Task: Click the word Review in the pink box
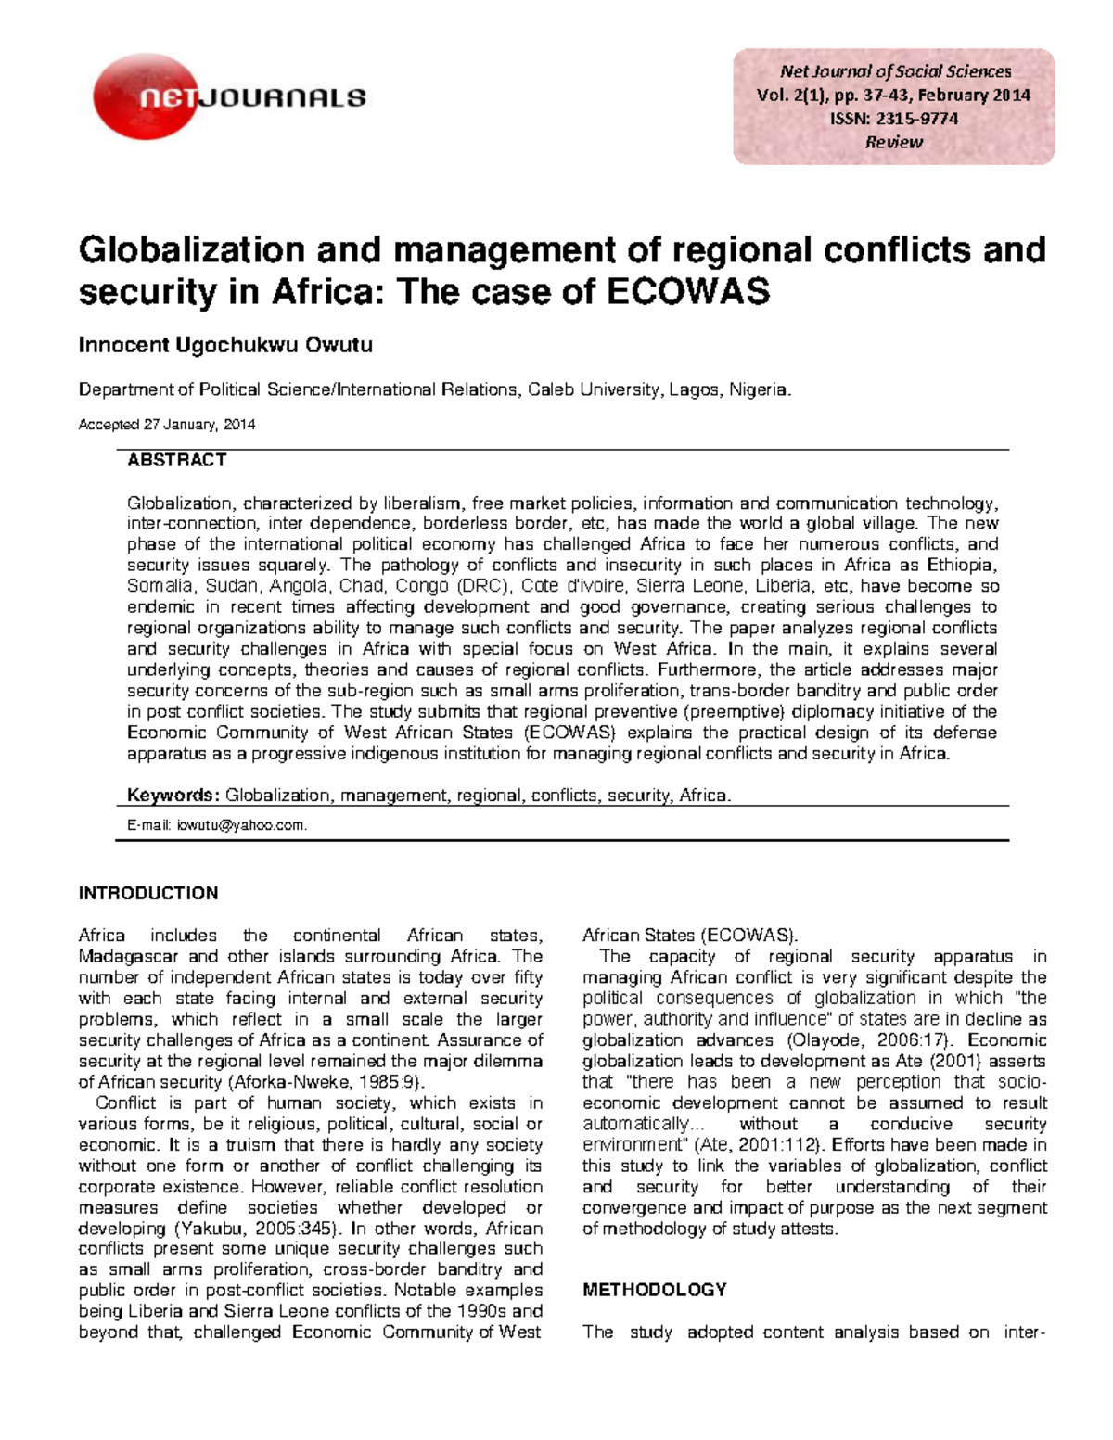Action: click(x=893, y=142)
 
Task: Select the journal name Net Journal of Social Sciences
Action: click(x=895, y=71)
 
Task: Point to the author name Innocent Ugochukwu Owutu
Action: click(x=225, y=346)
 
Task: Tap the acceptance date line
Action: click(x=167, y=425)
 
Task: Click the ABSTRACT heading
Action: click(x=176, y=461)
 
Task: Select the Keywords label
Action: click(x=173, y=796)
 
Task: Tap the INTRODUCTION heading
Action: click(x=148, y=894)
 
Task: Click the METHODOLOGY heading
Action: click(x=654, y=1290)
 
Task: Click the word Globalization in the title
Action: click(x=192, y=250)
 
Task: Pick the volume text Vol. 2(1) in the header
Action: click(x=788, y=96)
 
